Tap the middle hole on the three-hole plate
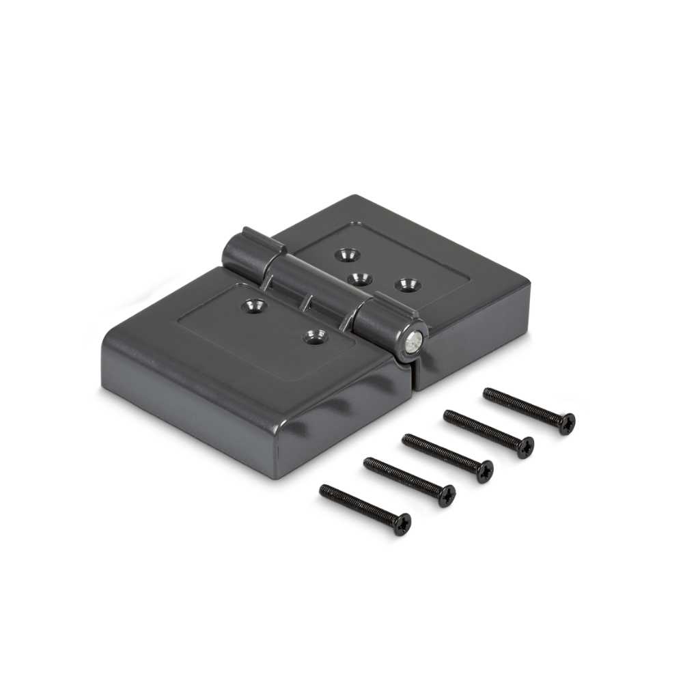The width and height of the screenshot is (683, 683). click(x=360, y=279)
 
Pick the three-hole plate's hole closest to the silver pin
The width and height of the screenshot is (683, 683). click(x=408, y=283)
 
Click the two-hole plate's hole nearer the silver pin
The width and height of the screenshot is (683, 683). click(x=315, y=336)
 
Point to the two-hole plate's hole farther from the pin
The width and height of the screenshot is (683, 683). click(x=252, y=305)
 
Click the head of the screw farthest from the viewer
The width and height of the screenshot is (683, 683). click(x=567, y=423)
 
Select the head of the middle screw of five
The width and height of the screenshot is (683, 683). click(x=484, y=471)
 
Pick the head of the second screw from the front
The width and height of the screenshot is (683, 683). click(x=446, y=495)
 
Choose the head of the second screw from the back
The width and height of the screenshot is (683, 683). click(x=525, y=447)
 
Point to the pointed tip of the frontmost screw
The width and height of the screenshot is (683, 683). click(x=322, y=489)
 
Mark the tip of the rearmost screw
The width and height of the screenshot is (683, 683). click(x=486, y=392)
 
